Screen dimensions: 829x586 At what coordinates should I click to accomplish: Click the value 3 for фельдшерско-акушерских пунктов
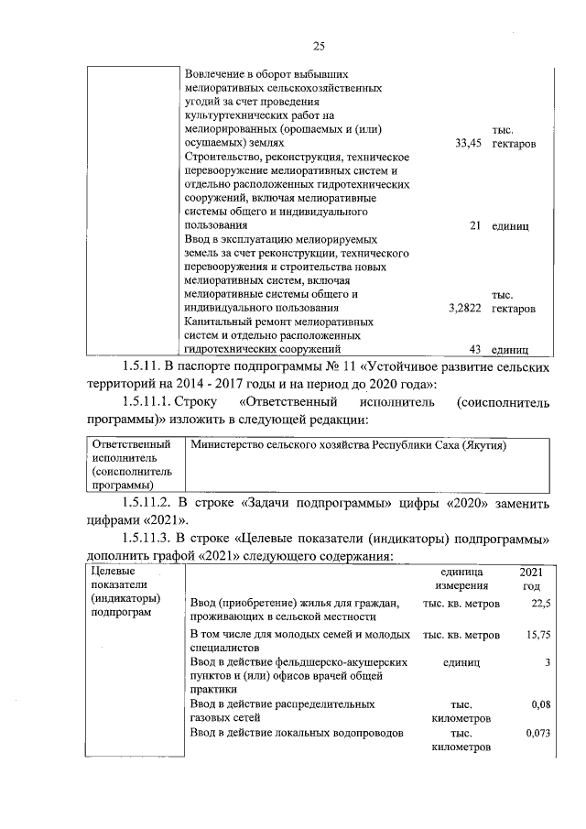coord(546,661)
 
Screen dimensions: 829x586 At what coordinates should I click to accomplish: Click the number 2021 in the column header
coord(531,571)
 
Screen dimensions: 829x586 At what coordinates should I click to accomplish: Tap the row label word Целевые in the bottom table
coord(111,572)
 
